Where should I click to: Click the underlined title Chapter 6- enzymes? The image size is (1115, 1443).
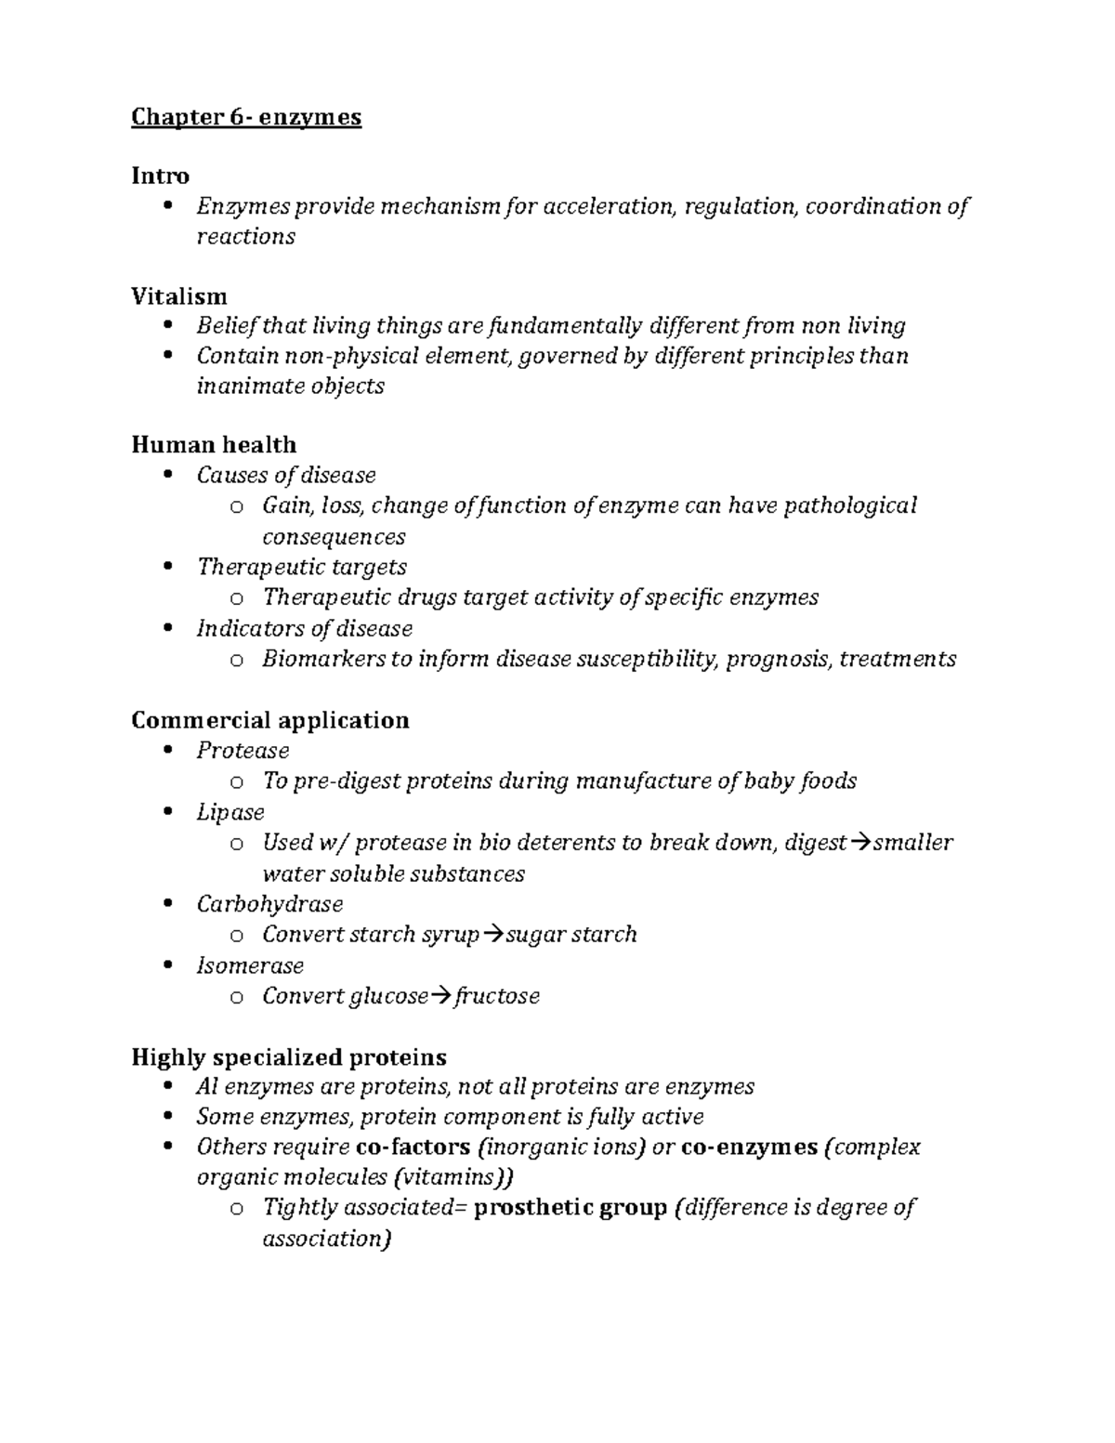[x=246, y=117]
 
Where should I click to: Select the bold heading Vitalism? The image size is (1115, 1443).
[x=179, y=296]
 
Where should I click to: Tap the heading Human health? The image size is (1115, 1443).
[x=214, y=444]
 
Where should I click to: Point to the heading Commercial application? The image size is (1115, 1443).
[x=270, y=720]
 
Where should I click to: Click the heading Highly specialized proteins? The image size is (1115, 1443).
[x=289, y=1056]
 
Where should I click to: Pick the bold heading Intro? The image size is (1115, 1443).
[x=160, y=176]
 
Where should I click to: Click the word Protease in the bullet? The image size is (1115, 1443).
[x=243, y=750]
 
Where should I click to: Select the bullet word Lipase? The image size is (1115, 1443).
[x=230, y=811]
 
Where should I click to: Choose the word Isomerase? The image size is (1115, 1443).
[x=250, y=964]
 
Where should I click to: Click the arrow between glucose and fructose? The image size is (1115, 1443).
[x=441, y=996]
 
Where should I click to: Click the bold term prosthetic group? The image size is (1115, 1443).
[x=571, y=1207]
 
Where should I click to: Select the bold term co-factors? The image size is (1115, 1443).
[x=413, y=1147]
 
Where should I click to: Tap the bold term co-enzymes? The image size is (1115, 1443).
[x=749, y=1147]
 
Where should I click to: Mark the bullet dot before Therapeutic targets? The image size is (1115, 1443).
[x=168, y=566]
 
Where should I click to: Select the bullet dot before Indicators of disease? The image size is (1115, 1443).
[x=168, y=628]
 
